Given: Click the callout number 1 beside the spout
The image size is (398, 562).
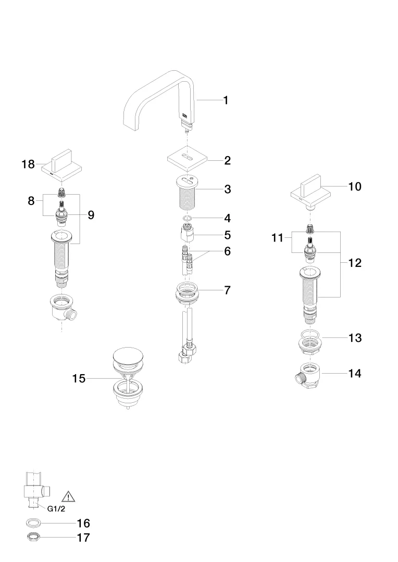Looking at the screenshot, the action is point(226,100).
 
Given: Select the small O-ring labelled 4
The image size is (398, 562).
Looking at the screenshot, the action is point(186,218).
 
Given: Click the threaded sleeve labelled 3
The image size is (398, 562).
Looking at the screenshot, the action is point(186,193).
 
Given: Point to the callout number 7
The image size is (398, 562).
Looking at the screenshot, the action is point(227,290).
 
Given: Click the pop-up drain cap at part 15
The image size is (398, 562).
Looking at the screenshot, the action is point(128,356).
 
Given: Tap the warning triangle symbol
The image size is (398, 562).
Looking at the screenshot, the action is point(68,496).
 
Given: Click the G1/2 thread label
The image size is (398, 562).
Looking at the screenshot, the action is point(56,508).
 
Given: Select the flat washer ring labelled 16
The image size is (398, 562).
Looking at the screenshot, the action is point(33,523).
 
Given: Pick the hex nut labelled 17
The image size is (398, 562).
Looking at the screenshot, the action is point(33,537).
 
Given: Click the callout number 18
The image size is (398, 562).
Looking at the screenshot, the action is point(28,164).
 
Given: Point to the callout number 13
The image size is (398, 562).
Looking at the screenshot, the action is point(355,338).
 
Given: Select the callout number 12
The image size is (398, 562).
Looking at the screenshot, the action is point(355,263).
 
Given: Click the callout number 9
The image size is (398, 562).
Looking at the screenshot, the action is point(91,215).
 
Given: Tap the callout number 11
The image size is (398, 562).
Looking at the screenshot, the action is point(278,238).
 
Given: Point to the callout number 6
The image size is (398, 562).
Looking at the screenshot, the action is point(227,251).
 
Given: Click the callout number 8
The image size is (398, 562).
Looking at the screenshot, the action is point(31,201).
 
